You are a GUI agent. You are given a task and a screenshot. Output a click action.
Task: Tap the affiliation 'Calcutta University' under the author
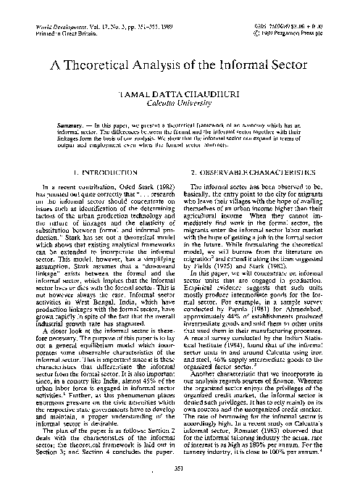180,103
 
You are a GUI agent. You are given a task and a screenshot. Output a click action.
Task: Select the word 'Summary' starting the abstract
90,125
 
